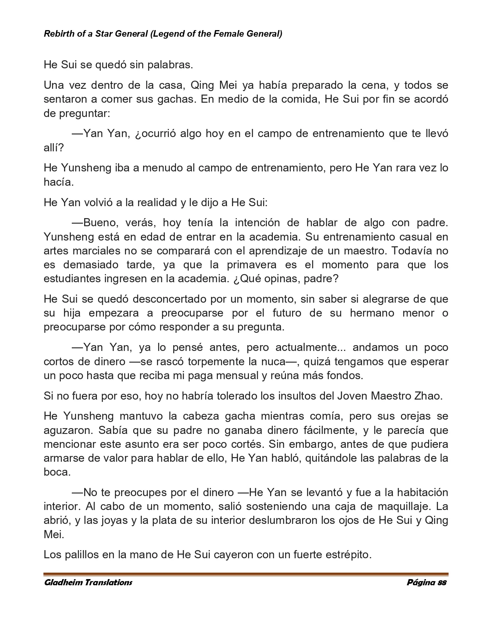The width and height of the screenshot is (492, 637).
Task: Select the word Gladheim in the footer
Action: click(63, 583)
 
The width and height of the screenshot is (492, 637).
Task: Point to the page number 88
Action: click(442, 583)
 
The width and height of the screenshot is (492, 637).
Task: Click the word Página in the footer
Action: click(421, 583)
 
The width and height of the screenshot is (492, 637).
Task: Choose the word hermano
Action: click(372, 313)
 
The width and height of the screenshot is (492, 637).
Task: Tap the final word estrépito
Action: click(348, 555)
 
